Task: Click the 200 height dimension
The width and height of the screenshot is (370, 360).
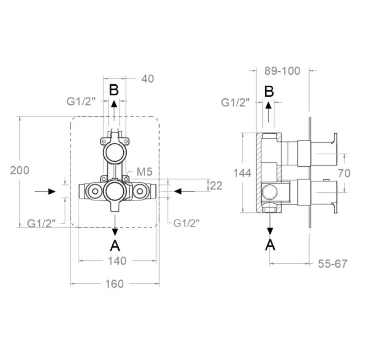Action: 20,170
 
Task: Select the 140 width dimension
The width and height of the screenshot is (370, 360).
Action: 117,261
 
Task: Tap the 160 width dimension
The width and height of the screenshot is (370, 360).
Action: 114,284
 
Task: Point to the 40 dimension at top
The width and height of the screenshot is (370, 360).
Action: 148,79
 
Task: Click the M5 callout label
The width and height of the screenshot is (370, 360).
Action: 145,172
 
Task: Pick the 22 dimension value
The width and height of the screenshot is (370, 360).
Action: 216,186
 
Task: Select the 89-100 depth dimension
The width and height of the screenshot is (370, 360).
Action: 282,71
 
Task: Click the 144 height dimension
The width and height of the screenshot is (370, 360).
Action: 242,173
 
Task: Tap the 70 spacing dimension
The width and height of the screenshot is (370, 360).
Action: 344,174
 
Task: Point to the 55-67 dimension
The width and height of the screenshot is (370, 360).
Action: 333,264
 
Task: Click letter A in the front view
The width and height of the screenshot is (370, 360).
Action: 115,246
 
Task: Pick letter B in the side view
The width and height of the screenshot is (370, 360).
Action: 269,91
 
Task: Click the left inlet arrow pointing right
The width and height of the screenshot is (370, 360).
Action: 45,191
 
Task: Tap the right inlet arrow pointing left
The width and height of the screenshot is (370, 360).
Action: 184,191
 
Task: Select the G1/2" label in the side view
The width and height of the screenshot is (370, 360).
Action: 235,103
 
